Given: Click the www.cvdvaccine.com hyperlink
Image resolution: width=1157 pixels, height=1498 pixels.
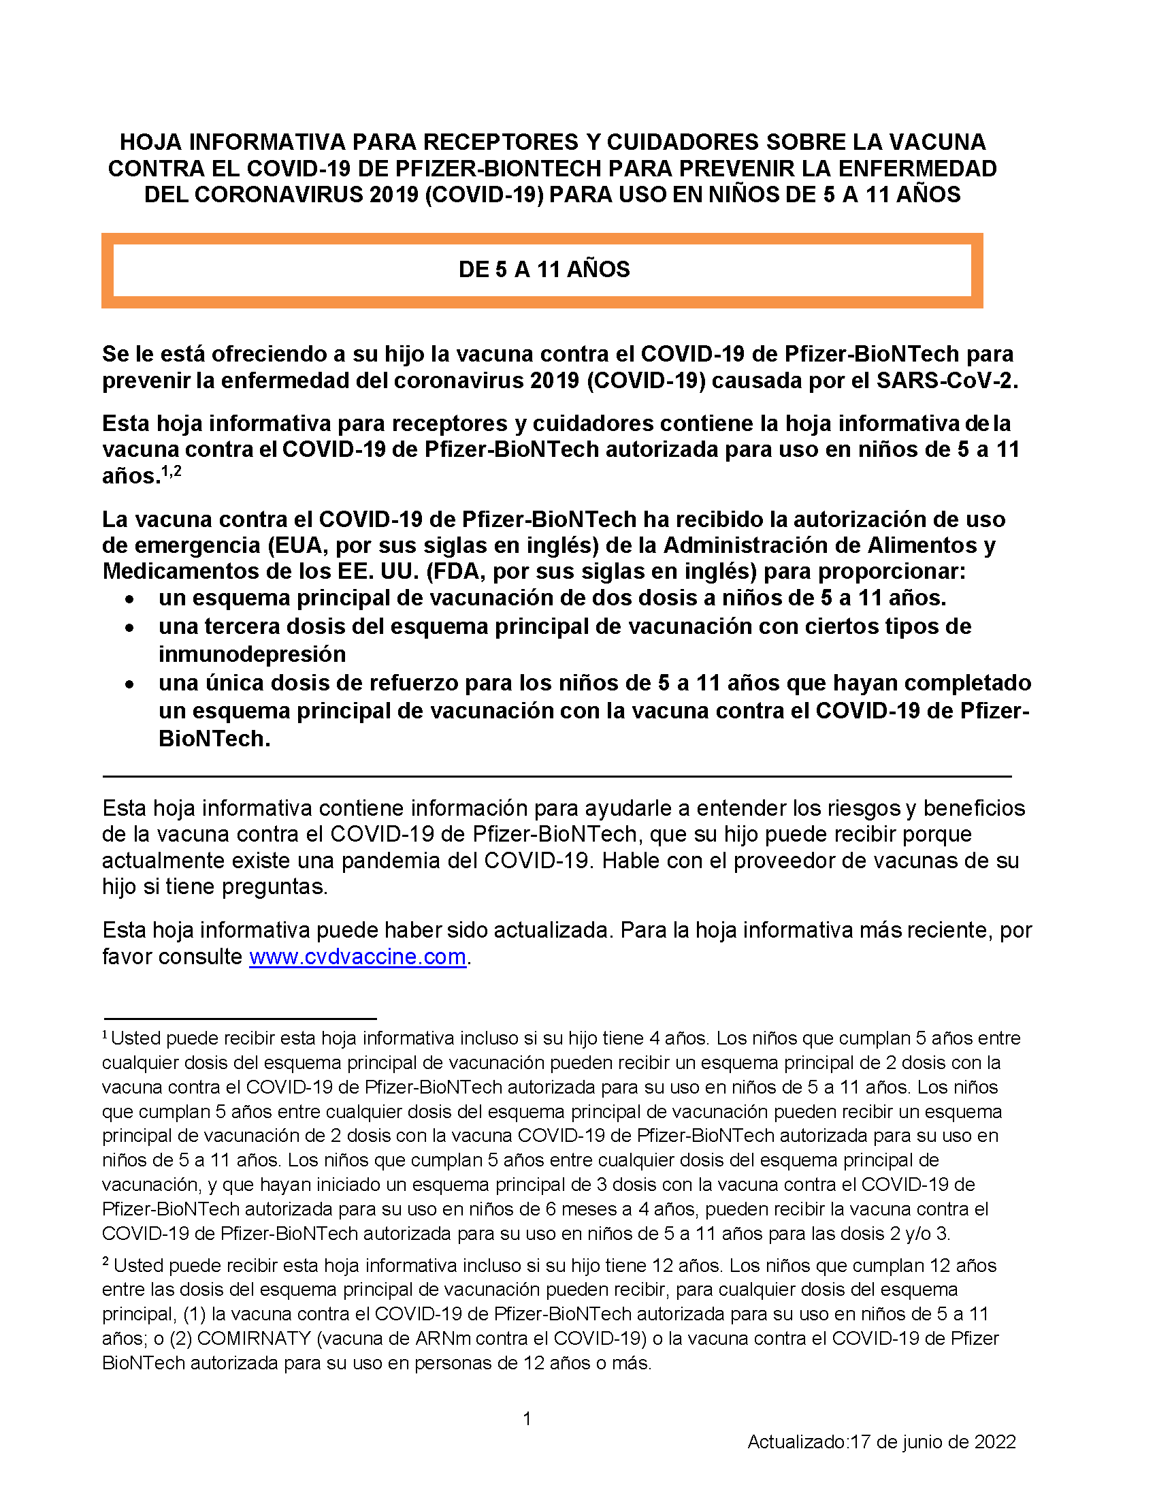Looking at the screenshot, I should tap(357, 957).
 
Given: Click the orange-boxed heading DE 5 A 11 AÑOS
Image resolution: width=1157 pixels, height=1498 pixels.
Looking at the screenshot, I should tap(544, 270).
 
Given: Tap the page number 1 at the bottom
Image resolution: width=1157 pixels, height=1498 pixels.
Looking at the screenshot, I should tap(527, 1418).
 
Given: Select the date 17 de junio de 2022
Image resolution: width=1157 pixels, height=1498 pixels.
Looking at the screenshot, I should tap(933, 1442).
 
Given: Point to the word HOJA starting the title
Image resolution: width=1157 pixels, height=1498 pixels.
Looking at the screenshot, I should tap(151, 142).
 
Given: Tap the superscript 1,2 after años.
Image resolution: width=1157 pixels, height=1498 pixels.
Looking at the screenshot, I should tap(172, 471).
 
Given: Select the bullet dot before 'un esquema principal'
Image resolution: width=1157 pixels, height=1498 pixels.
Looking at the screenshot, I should tap(129, 599).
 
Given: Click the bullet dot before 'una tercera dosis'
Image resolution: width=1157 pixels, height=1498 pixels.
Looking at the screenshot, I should tap(129, 628).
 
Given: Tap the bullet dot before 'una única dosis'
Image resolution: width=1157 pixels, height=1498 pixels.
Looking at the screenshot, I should tap(129, 684).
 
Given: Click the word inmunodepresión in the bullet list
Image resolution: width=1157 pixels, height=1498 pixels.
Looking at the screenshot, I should tap(252, 654).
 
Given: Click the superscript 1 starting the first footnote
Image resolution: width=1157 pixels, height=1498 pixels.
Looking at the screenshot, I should tap(105, 1034).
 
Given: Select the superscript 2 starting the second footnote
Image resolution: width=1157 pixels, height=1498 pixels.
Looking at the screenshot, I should tap(105, 1261).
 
